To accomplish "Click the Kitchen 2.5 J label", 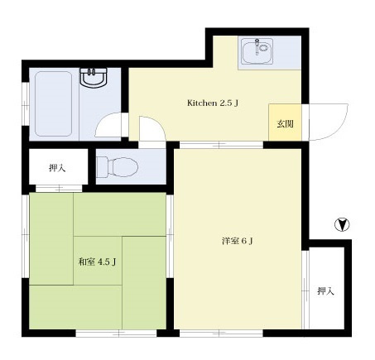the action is (x=213, y=103).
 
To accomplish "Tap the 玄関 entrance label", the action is (x=285, y=124).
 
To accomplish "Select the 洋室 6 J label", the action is (x=238, y=242).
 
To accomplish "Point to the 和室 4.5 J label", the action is (x=97, y=262).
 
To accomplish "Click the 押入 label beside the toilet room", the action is (x=57, y=168).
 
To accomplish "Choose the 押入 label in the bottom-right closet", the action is (x=326, y=290).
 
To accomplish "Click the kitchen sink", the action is (x=257, y=51).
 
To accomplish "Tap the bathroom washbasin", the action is (x=93, y=78).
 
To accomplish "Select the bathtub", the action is (x=54, y=104).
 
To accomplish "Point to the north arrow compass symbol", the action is (x=342, y=224).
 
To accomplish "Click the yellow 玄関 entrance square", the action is (x=285, y=122).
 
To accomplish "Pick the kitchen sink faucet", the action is (x=257, y=46).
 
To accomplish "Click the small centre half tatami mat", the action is (x=98, y=261).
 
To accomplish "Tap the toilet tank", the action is (x=102, y=166).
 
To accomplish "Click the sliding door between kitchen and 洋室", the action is (x=221, y=145).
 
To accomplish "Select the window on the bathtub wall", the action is (x=26, y=104).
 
